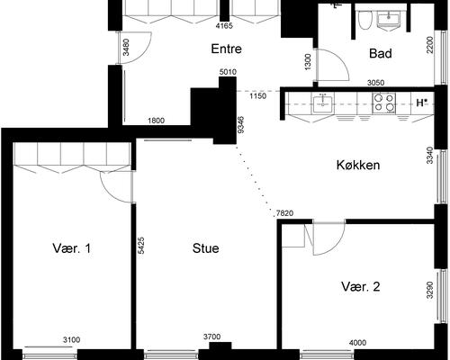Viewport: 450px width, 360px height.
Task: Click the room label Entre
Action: pyautogui.click(x=225, y=49)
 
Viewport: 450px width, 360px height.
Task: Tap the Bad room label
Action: pyautogui.click(x=380, y=54)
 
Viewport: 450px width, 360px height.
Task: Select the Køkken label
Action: pyautogui.click(x=357, y=165)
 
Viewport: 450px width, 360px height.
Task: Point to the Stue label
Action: pyautogui.click(x=206, y=247)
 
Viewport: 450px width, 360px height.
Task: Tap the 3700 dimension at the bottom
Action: pyautogui.click(x=212, y=337)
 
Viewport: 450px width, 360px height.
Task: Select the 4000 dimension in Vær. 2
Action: pyautogui.click(x=357, y=341)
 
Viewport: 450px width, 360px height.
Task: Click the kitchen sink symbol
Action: pyautogui.click(x=323, y=104)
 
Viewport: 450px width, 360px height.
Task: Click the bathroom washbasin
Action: pyautogui.click(x=393, y=17)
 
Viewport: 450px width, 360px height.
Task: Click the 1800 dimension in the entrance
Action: pyautogui.click(x=156, y=121)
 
